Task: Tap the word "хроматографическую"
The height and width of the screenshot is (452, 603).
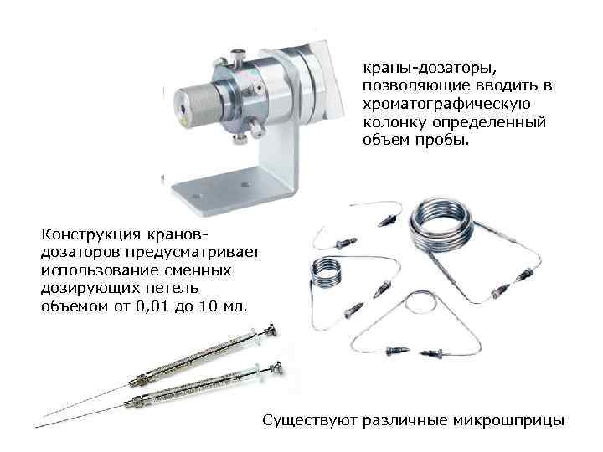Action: pyautogui.click(x=447, y=104)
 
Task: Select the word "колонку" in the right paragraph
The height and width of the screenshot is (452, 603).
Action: pyautogui.click(x=394, y=122)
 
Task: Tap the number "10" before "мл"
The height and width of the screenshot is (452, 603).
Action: pyautogui.click(x=209, y=306)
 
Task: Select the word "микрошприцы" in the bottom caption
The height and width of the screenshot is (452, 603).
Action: pyautogui.click(x=509, y=420)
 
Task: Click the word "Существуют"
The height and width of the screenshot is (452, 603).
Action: pyautogui.click(x=310, y=420)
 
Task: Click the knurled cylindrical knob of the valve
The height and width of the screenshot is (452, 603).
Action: pyautogui.click(x=196, y=105)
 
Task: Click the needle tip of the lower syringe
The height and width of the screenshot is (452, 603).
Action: pyautogui.click(x=36, y=427)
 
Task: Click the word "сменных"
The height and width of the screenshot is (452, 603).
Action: pyautogui.click(x=198, y=270)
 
